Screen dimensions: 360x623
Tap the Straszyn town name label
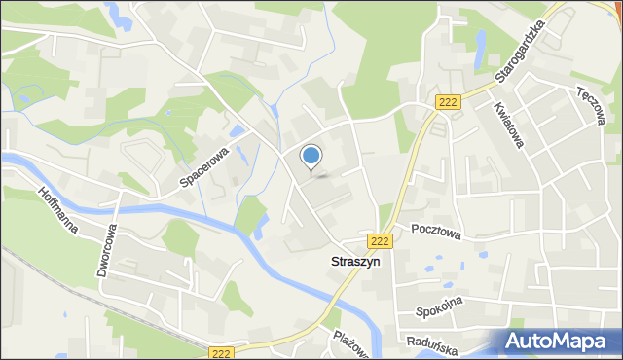pos(352,262)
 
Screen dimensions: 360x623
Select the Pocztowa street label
pos(434,232)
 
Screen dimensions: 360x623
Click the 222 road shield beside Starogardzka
pos(447,102)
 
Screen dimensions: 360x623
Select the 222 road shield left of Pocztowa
pos(380,240)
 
